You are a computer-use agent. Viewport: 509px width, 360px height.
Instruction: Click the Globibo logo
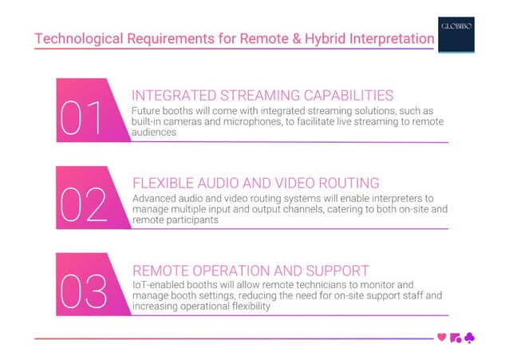pyautogui.click(x=457, y=33)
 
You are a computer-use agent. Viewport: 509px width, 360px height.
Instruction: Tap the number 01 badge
pyautogui.click(x=82, y=118)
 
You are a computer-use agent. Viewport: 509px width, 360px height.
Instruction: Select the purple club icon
pyautogui.click(x=470, y=338)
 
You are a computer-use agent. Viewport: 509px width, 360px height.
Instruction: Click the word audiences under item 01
pyautogui.click(x=153, y=133)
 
